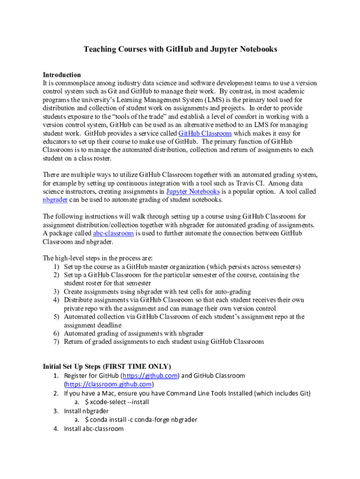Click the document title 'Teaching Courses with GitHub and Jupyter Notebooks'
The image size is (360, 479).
[x=180, y=49]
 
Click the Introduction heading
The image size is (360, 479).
[x=62, y=75]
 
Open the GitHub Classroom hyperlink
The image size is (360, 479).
[x=205, y=133]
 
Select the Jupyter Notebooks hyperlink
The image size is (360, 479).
[x=186, y=191]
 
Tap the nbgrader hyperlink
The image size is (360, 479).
[x=55, y=200]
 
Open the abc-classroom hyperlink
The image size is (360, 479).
[x=113, y=233]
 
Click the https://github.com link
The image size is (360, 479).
[x=150, y=376]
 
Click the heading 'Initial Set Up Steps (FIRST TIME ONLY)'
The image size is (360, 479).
[x=107, y=366]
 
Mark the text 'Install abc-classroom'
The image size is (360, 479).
[x=94, y=428]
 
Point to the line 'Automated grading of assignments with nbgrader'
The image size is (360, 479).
[x=134, y=334]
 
